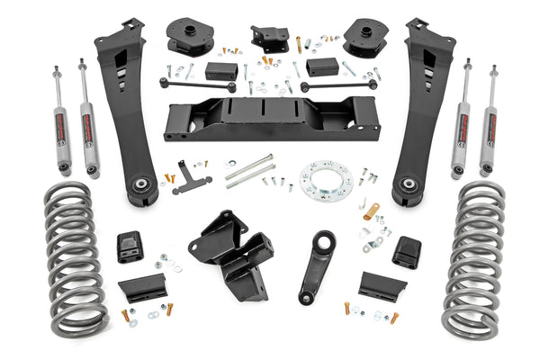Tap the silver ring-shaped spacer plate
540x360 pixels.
tap(326, 179)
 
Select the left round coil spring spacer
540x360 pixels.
tap(189, 36)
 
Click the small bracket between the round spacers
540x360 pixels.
tap(269, 38)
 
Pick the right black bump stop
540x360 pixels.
tap(407, 251)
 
